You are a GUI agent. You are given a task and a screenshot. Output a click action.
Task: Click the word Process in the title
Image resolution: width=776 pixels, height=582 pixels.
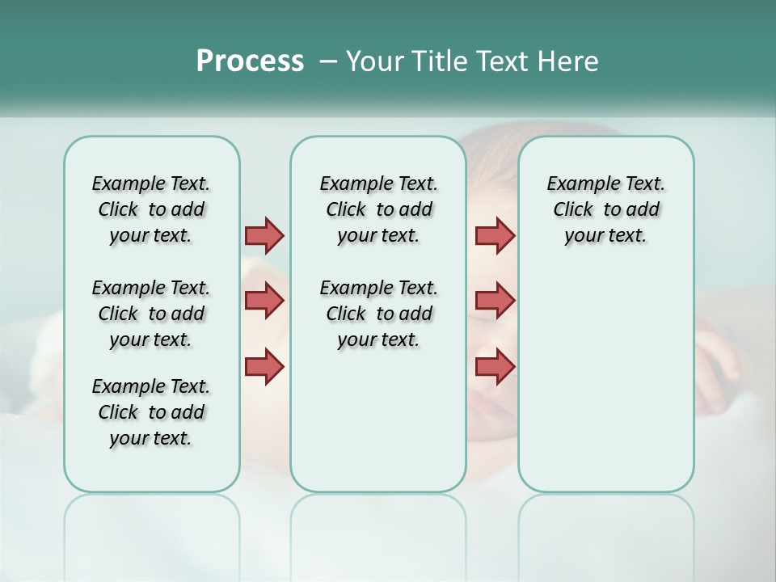250,61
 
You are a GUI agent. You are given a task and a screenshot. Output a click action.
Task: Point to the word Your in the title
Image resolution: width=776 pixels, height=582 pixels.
373,61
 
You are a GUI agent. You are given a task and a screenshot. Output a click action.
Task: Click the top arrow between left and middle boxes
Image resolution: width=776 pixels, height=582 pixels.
264,235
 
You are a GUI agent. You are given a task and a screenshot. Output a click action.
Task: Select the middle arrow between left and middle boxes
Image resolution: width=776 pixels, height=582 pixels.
264,301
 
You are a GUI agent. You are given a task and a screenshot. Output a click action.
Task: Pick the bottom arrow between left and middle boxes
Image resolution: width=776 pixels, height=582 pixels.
264,366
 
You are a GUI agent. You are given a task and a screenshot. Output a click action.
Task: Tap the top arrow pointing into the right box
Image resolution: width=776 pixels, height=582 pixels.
495,235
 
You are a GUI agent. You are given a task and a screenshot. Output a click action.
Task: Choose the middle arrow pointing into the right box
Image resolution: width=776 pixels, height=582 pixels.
495,301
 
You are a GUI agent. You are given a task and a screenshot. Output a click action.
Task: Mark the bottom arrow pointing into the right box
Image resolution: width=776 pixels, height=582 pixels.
495,366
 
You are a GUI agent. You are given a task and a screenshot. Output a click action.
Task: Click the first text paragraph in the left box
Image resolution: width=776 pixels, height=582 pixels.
151,209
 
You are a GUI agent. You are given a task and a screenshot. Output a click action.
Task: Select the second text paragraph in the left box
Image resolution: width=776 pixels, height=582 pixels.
151,314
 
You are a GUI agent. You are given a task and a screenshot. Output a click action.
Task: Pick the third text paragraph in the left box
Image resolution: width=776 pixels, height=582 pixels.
151,412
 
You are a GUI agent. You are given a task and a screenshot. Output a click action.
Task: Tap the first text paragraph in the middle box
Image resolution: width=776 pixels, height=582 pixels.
378,209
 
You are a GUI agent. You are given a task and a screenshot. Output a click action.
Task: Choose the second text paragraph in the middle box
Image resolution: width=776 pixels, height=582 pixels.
378,314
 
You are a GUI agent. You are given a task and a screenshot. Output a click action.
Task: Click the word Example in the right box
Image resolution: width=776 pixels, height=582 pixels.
577,184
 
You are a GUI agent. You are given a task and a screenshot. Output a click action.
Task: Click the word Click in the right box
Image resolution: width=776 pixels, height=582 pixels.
573,210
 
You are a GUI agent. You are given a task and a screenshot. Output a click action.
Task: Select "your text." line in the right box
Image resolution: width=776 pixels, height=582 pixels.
605,236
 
